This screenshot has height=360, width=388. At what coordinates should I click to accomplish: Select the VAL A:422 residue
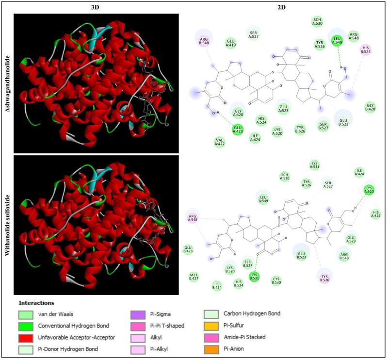coord(220,141)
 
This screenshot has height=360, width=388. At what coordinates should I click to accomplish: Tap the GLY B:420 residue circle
coord(371,106)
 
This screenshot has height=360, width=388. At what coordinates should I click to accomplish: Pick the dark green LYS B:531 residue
coord(254,277)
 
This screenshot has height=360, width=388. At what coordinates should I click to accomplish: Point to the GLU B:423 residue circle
coord(188,249)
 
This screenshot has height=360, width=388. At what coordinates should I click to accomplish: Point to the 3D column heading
coord(96,8)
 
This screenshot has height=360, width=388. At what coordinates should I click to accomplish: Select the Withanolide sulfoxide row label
coord(7,224)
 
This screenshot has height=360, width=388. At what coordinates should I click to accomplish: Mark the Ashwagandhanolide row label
coord(7,83)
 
